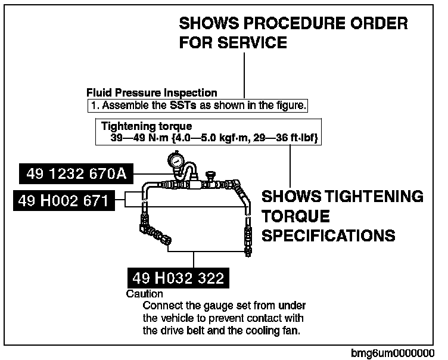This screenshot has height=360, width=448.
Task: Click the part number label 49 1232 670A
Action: (76, 174)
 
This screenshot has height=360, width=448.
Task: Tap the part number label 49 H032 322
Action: (179, 278)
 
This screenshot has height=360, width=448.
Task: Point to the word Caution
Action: (145, 294)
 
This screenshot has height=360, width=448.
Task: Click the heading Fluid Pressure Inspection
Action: (152, 93)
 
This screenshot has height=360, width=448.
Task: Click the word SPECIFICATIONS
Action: (328, 235)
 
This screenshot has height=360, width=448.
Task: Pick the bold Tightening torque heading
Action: (147, 126)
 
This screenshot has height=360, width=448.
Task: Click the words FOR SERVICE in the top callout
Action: (233, 44)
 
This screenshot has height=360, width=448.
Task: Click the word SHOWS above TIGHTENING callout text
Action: (290, 196)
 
